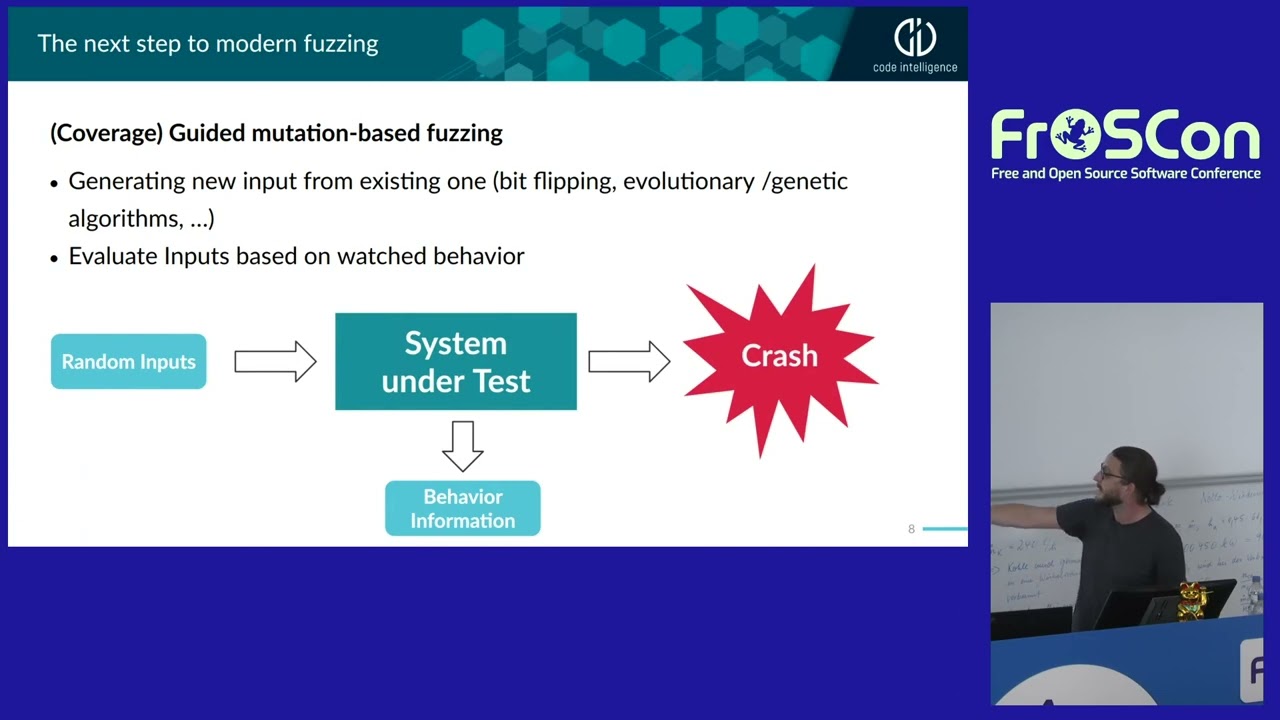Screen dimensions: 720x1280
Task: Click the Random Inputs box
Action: (x=128, y=361)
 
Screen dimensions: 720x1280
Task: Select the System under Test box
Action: (x=455, y=361)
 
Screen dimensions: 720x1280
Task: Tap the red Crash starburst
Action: (x=779, y=356)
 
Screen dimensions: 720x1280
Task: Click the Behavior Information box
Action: (x=462, y=508)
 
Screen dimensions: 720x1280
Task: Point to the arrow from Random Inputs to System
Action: (x=275, y=361)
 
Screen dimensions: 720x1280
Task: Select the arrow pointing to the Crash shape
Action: (x=628, y=361)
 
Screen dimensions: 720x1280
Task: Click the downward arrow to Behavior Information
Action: (x=462, y=446)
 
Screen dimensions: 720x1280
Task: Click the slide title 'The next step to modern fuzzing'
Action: (x=208, y=44)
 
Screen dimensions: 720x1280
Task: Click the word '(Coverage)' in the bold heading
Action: (x=106, y=133)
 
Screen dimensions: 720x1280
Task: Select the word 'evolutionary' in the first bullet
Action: (x=688, y=181)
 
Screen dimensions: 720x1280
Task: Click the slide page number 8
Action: (x=911, y=529)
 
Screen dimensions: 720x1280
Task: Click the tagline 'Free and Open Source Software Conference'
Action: (x=1125, y=174)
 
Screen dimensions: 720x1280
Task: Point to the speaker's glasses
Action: (x=1111, y=470)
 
